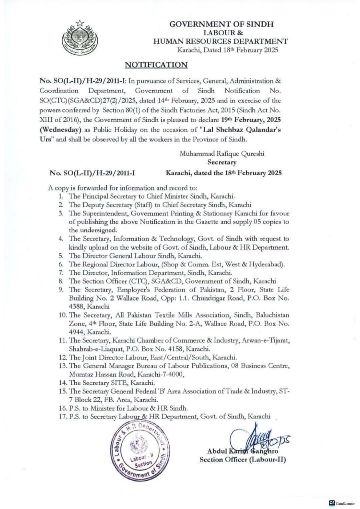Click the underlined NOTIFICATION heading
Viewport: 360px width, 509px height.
156,65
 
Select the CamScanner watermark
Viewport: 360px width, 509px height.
341,503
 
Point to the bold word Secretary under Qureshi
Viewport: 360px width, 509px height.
222,162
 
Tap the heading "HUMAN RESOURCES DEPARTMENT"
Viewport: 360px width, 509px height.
220,41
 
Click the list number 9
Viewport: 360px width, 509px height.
61,289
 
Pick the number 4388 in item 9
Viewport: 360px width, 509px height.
77,306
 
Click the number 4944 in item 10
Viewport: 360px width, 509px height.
77,332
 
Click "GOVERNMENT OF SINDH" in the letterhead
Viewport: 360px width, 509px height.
221,24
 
